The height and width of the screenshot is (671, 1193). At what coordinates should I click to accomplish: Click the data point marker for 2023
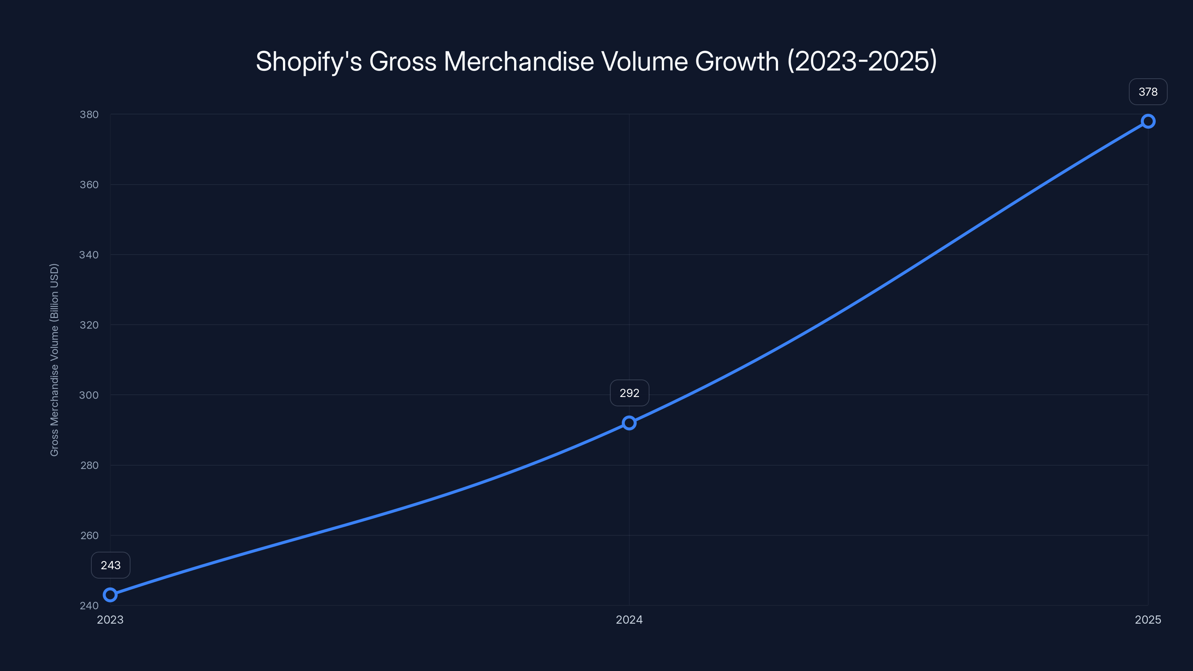point(110,595)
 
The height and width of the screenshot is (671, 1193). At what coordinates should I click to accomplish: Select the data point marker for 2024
point(629,423)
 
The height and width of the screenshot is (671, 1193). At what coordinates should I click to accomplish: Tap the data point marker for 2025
point(1148,121)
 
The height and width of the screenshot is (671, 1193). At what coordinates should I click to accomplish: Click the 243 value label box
point(111,565)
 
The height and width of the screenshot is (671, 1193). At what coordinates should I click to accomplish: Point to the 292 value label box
point(629,393)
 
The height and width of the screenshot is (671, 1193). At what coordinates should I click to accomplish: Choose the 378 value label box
point(1148,92)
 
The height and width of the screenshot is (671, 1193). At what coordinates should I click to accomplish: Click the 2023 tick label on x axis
point(110,620)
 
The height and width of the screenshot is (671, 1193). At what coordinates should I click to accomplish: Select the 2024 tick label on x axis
point(629,620)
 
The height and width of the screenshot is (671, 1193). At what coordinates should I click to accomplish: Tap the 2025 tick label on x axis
point(1148,620)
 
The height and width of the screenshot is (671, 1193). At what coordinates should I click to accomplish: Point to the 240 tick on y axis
point(89,605)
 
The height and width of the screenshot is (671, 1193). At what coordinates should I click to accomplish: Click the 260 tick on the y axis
point(89,535)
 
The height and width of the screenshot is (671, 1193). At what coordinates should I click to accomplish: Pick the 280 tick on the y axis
point(89,465)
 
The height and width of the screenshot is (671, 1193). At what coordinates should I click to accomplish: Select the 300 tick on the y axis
point(89,395)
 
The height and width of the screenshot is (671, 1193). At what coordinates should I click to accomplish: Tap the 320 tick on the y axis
point(89,325)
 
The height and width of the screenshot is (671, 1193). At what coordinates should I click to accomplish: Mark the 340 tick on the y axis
point(89,255)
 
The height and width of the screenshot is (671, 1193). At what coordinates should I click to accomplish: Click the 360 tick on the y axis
point(89,184)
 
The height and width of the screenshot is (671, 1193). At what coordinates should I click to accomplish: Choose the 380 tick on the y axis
point(89,114)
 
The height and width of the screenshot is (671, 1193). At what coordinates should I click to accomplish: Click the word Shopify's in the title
point(309,62)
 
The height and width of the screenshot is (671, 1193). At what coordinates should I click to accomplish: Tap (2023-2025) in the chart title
point(862,62)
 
